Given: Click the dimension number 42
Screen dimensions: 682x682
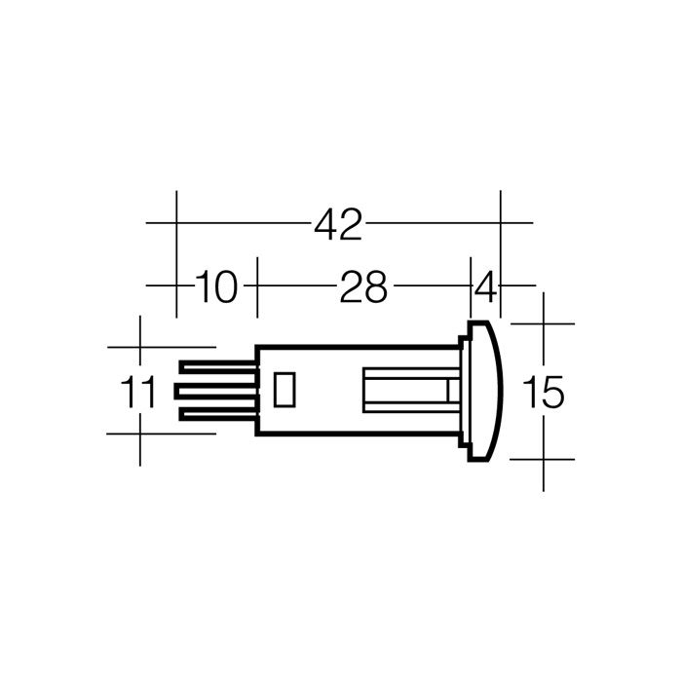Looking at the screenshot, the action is click(x=338, y=224).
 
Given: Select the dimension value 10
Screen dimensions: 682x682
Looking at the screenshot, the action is click(x=216, y=286).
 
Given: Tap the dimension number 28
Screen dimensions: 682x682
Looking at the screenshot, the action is click(x=363, y=286).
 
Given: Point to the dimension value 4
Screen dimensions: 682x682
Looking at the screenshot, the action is click(x=484, y=286).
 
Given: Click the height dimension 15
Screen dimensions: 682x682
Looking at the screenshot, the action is click(x=544, y=392).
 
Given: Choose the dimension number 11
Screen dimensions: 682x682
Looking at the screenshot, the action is click(x=137, y=392).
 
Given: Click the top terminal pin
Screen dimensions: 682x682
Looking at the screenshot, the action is click(x=218, y=368).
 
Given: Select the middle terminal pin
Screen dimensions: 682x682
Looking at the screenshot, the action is click(x=216, y=391).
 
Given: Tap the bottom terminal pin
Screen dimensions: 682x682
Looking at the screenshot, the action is click(x=218, y=414).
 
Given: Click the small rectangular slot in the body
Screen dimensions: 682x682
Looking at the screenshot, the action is click(x=284, y=390).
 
